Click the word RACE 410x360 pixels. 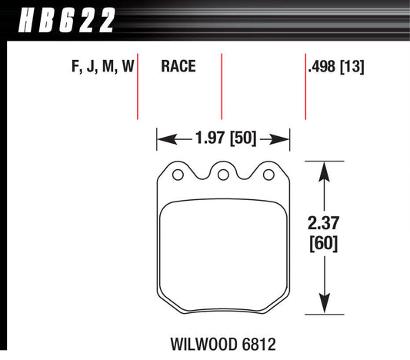coord(178,68)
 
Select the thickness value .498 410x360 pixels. coord(322,68)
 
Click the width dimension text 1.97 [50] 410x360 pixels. coord(224,139)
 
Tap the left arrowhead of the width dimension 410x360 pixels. coord(162,139)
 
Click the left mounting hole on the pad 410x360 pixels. coord(178,175)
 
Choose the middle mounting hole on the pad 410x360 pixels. coord(223,175)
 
